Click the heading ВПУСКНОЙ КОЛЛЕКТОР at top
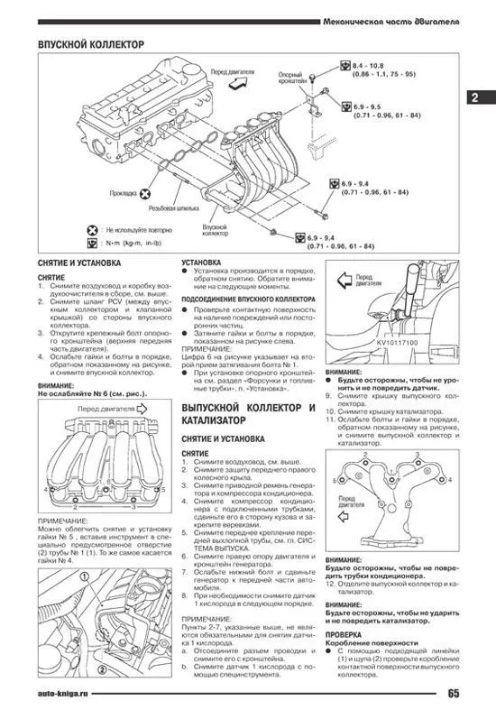91,44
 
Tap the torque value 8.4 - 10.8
370,67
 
